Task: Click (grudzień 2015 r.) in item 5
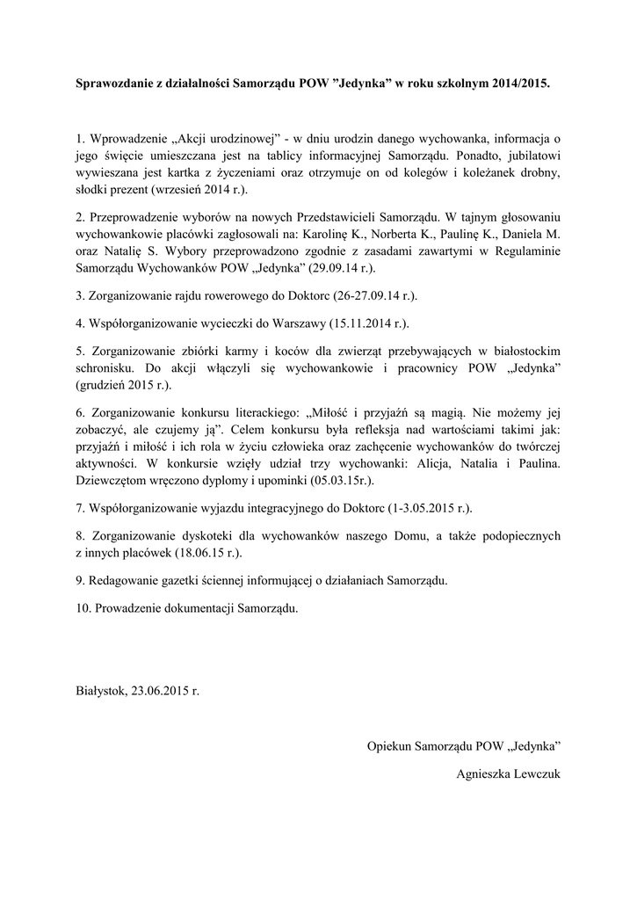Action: click(x=123, y=385)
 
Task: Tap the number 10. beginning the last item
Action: click(x=83, y=607)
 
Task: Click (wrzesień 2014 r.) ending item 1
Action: click(x=200, y=189)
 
